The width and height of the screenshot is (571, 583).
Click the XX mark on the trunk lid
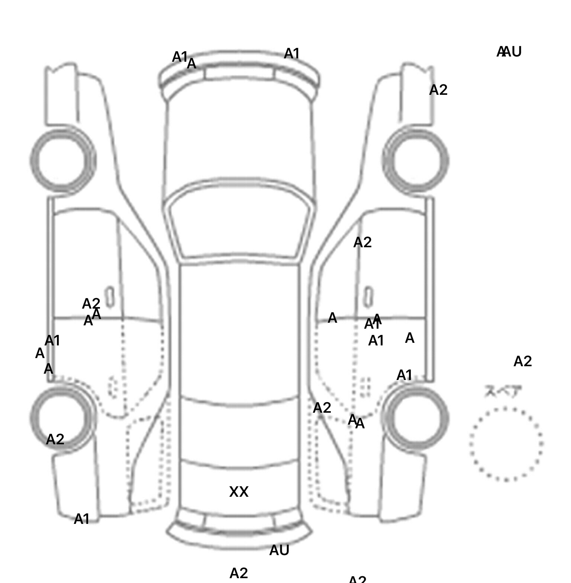tap(239, 492)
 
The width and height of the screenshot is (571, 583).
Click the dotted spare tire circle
tap(506, 444)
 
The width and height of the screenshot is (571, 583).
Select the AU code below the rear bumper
tap(279, 550)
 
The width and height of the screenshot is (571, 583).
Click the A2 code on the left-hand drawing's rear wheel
tap(55, 439)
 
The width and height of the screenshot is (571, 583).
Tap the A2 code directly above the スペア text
tap(522, 361)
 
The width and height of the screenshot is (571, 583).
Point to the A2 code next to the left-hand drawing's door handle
tap(91, 303)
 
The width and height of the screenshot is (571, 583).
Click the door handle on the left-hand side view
tap(110, 297)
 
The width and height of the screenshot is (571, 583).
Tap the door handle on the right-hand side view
tap(368, 297)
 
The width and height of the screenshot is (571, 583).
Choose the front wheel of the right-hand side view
tap(416, 161)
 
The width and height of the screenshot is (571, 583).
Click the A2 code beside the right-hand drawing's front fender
tap(438, 90)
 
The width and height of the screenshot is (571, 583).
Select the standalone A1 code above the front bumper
tap(291, 54)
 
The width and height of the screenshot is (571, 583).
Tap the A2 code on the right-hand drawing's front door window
tap(362, 242)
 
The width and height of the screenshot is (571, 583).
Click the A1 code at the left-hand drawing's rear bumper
tap(82, 519)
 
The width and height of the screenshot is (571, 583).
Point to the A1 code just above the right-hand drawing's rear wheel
tap(404, 375)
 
